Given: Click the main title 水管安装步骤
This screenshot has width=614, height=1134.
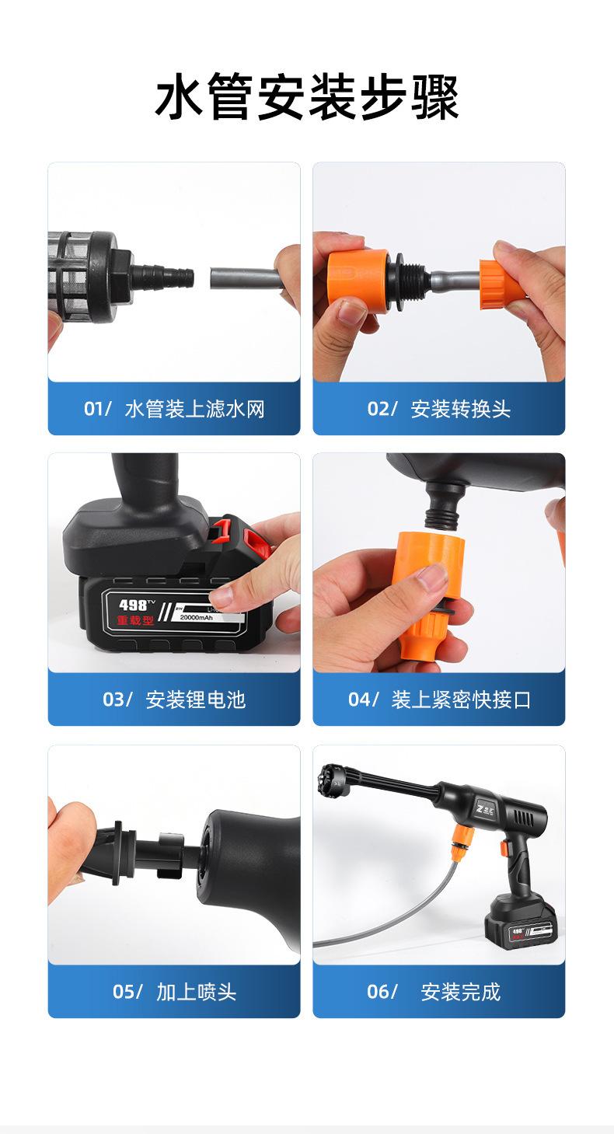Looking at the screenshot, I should pyautogui.click(x=307, y=99).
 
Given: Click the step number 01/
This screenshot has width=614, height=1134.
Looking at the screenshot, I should pyautogui.click(x=98, y=409).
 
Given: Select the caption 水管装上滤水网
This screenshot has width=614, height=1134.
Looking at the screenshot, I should pyautogui.click(x=194, y=409).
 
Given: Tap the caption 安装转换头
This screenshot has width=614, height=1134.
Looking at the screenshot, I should pyautogui.click(x=461, y=409).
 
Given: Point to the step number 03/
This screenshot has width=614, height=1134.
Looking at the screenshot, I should pyautogui.click(x=117, y=700).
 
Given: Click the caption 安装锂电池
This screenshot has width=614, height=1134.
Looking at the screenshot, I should pyautogui.click(x=195, y=700).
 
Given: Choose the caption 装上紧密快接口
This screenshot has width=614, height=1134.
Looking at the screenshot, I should pyautogui.click(x=461, y=700).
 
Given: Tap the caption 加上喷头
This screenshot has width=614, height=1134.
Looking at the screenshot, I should pyautogui.click(x=196, y=992).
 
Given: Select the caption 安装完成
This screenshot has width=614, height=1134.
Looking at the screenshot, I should pyautogui.click(x=461, y=992).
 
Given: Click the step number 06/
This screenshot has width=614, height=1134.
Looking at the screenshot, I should pyautogui.click(x=382, y=992).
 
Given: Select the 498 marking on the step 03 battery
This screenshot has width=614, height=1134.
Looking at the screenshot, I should pyautogui.click(x=134, y=605).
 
